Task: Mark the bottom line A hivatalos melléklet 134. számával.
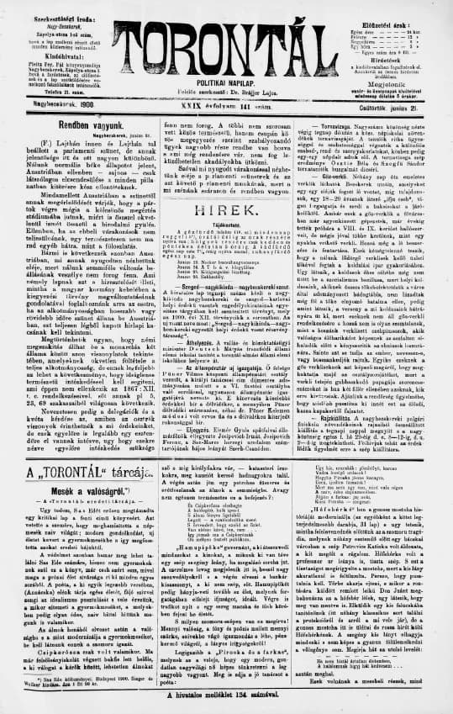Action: tap(228, 695)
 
